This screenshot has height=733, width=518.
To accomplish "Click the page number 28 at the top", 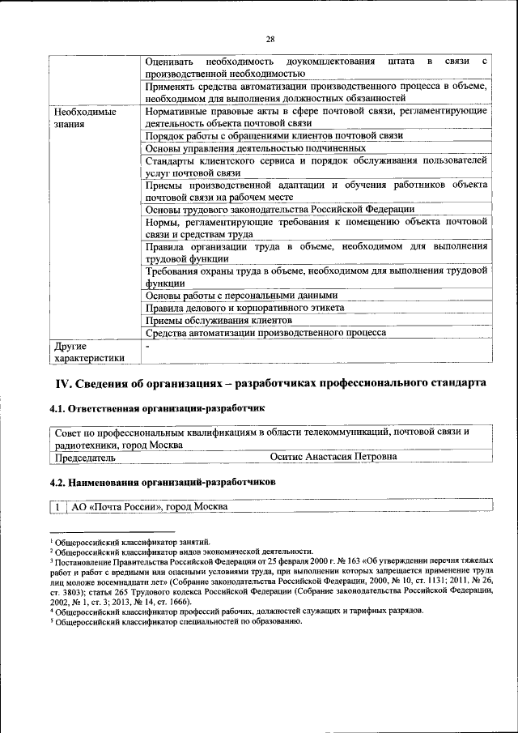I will pyautogui.click(x=270, y=38).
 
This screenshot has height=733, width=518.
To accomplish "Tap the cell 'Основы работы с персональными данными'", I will pyautogui.click(x=241, y=296).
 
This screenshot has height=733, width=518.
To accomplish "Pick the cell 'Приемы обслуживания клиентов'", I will pyautogui.click(x=218, y=320).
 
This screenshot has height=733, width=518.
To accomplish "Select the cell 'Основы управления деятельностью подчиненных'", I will pyautogui.click(x=255, y=148).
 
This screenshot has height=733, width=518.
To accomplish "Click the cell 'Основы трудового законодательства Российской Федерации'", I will pyautogui.click(x=279, y=208).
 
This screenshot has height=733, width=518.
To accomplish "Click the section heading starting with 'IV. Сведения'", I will pyautogui.click(x=270, y=382).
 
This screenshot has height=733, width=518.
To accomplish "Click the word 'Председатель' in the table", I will pyautogui.click(x=84, y=457).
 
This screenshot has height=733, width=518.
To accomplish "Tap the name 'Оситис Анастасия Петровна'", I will pyautogui.click(x=333, y=457).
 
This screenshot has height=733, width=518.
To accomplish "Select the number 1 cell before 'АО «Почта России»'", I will pyautogui.click(x=59, y=507).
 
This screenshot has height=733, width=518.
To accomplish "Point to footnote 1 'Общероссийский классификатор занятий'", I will pyautogui.click(x=133, y=542).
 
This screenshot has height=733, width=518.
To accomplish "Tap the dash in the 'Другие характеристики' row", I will pyautogui.click(x=147, y=346).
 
